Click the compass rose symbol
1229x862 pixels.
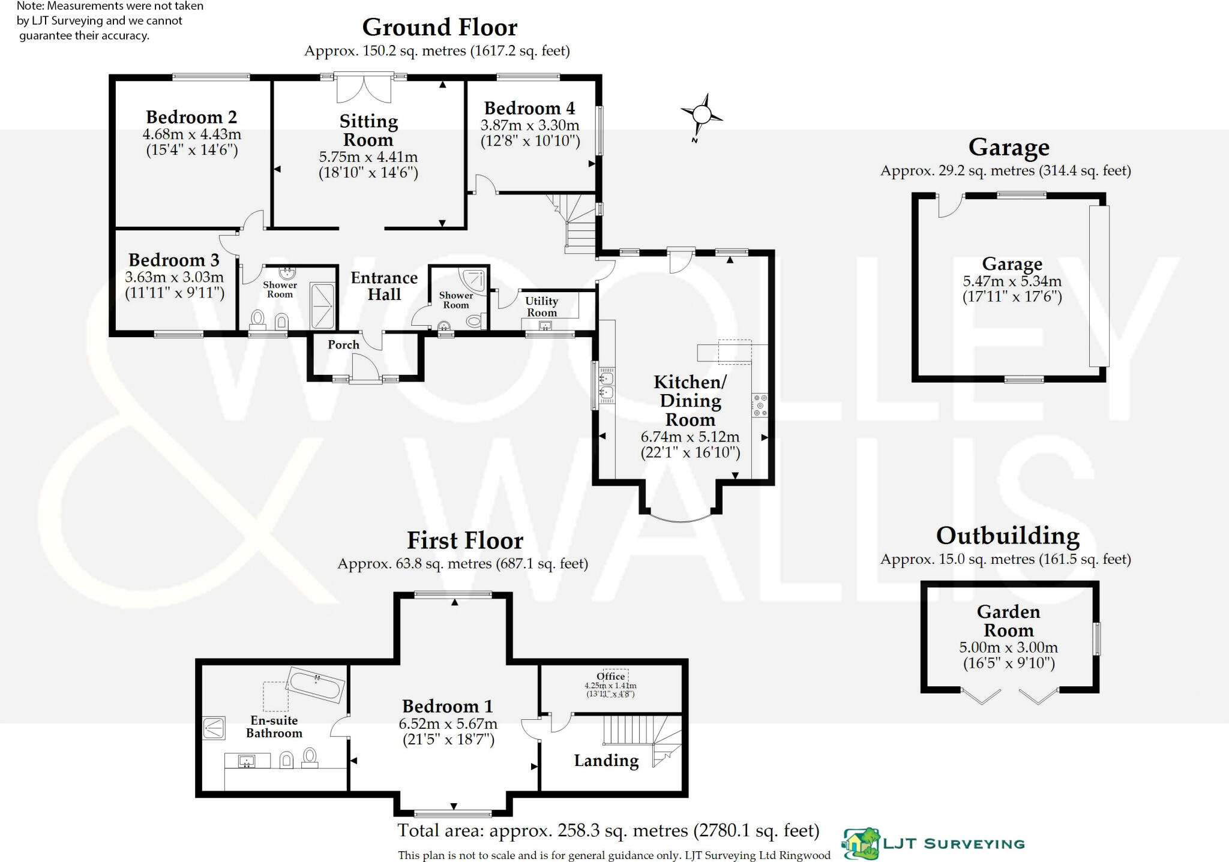pyautogui.click(x=702, y=115)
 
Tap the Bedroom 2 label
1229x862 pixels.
pyautogui.click(x=191, y=117)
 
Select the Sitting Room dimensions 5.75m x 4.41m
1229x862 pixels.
pyautogui.click(x=368, y=157)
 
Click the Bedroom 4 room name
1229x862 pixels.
pyautogui.click(x=529, y=109)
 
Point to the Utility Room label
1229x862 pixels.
pyautogui.click(x=541, y=307)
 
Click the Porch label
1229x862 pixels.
pyautogui.click(x=343, y=345)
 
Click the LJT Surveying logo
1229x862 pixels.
pyautogui.click(x=934, y=843)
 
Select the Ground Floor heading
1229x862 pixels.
pyautogui.click(x=439, y=28)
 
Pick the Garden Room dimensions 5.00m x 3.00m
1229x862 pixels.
pyautogui.click(x=1008, y=648)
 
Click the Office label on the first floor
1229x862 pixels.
pyautogui.click(x=611, y=677)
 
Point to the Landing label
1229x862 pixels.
pyautogui.click(x=606, y=761)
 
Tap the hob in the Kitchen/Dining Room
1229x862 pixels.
pyautogui.click(x=759, y=405)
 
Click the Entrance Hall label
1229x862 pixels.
pyautogui.click(x=384, y=286)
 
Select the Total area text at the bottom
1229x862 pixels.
pyautogui.click(x=608, y=831)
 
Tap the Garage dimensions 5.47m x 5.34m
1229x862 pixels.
pyautogui.click(x=1012, y=281)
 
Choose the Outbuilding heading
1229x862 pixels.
pyautogui.click(x=1008, y=536)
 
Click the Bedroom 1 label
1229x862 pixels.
pyautogui.click(x=447, y=706)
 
